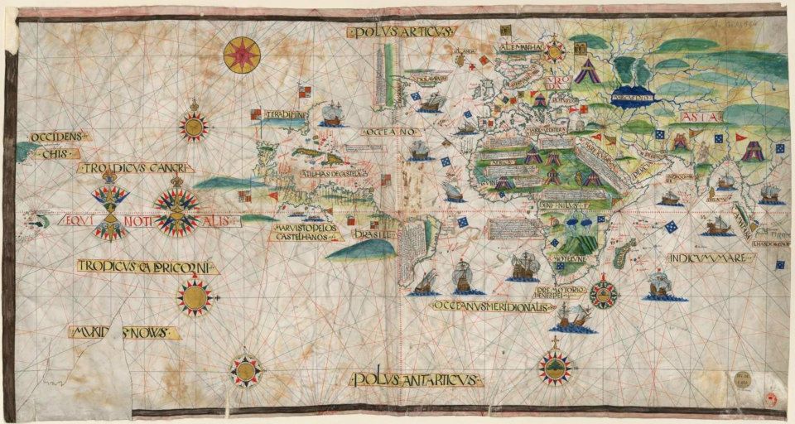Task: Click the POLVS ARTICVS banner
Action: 401,31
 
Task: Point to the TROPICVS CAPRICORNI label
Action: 147,266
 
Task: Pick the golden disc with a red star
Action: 242,55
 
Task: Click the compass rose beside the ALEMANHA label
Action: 554,50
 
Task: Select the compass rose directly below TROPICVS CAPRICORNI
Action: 195,296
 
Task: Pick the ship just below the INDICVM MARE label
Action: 660,285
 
